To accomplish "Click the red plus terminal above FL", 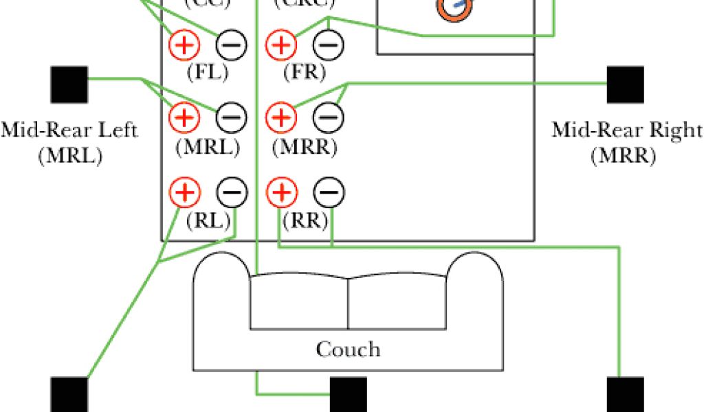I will tap(184, 45).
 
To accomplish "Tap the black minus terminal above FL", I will tap(231, 45).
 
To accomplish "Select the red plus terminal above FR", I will tap(280, 45).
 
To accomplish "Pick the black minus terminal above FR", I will tap(328, 45).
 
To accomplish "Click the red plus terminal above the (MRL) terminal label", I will tap(184, 118).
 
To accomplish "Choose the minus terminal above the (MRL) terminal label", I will tap(231, 118).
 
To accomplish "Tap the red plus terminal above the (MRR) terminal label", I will tap(280, 118).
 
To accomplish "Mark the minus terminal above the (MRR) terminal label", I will tap(328, 118).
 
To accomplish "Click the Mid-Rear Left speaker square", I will tap(69, 84).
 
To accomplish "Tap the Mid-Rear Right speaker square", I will tap(625, 84).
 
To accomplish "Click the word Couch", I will tap(348, 350).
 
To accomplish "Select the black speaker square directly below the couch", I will tap(349, 395).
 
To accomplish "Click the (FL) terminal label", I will tap(207, 71).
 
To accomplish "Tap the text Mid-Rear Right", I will tap(626, 130).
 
